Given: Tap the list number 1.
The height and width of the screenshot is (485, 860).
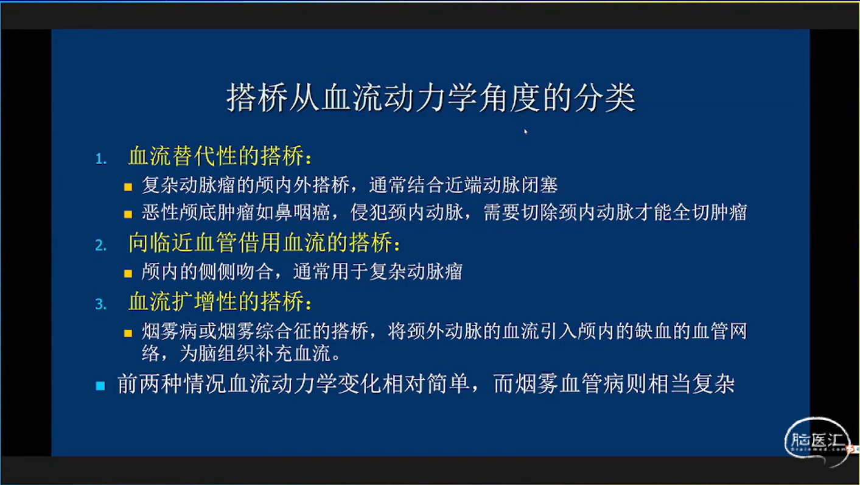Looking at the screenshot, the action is [x=101, y=159].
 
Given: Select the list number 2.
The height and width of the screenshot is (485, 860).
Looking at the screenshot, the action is [x=101, y=245].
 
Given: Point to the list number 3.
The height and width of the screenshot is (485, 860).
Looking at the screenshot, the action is [x=101, y=304].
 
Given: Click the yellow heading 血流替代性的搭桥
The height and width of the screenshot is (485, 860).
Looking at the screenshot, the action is [x=220, y=156].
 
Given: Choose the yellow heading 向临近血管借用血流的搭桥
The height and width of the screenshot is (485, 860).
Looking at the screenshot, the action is [x=264, y=242].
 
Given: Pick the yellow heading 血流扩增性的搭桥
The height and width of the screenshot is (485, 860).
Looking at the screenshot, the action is [x=220, y=301].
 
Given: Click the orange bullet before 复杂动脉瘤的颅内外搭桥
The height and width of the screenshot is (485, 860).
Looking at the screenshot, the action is [x=128, y=187].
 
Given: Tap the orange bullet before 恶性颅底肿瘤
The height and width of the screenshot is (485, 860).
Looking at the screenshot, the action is [x=128, y=214].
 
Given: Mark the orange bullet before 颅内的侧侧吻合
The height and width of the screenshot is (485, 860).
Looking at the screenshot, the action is [x=128, y=273].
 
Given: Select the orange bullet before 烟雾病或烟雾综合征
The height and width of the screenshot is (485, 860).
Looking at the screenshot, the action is [x=128, y=333].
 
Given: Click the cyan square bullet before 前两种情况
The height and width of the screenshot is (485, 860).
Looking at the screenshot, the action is [x=100, y=386].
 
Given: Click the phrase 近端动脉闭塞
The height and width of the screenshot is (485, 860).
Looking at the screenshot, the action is [x=501, y=186].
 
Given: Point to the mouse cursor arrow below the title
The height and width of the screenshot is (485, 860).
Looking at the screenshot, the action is [x=526, y=131].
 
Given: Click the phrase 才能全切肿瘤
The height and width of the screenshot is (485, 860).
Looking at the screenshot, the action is [x=690, y=212].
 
